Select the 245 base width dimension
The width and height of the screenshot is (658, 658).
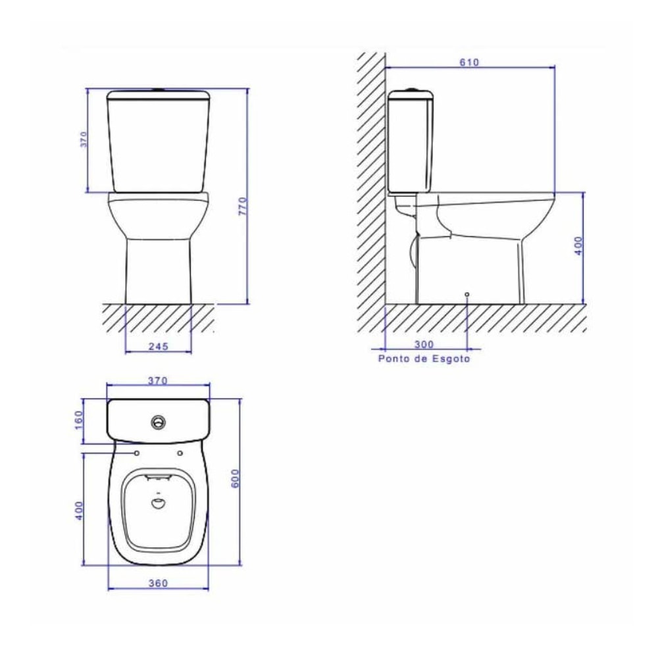158,346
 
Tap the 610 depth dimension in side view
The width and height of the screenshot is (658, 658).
469,63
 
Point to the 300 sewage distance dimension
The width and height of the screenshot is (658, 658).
424,343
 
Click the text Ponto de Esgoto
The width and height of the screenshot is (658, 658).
424,359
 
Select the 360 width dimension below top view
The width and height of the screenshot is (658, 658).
158,583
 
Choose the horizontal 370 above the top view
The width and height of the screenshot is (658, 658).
158,380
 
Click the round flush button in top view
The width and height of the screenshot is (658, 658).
158,422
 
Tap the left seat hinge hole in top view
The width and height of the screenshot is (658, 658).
137,453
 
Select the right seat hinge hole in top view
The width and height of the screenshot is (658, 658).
179,453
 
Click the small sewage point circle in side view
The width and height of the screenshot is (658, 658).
467,293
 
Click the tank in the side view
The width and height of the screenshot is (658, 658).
411,141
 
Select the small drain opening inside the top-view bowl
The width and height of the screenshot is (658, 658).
158,504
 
